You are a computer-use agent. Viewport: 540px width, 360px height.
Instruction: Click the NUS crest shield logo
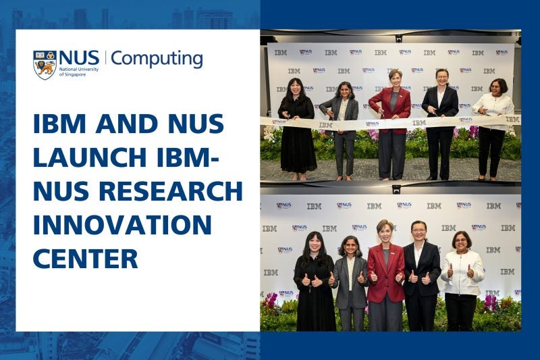coord(45,64)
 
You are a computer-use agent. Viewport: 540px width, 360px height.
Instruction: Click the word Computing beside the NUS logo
coord(157,59)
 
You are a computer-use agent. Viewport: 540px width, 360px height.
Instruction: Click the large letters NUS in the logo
coord(80,57)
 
